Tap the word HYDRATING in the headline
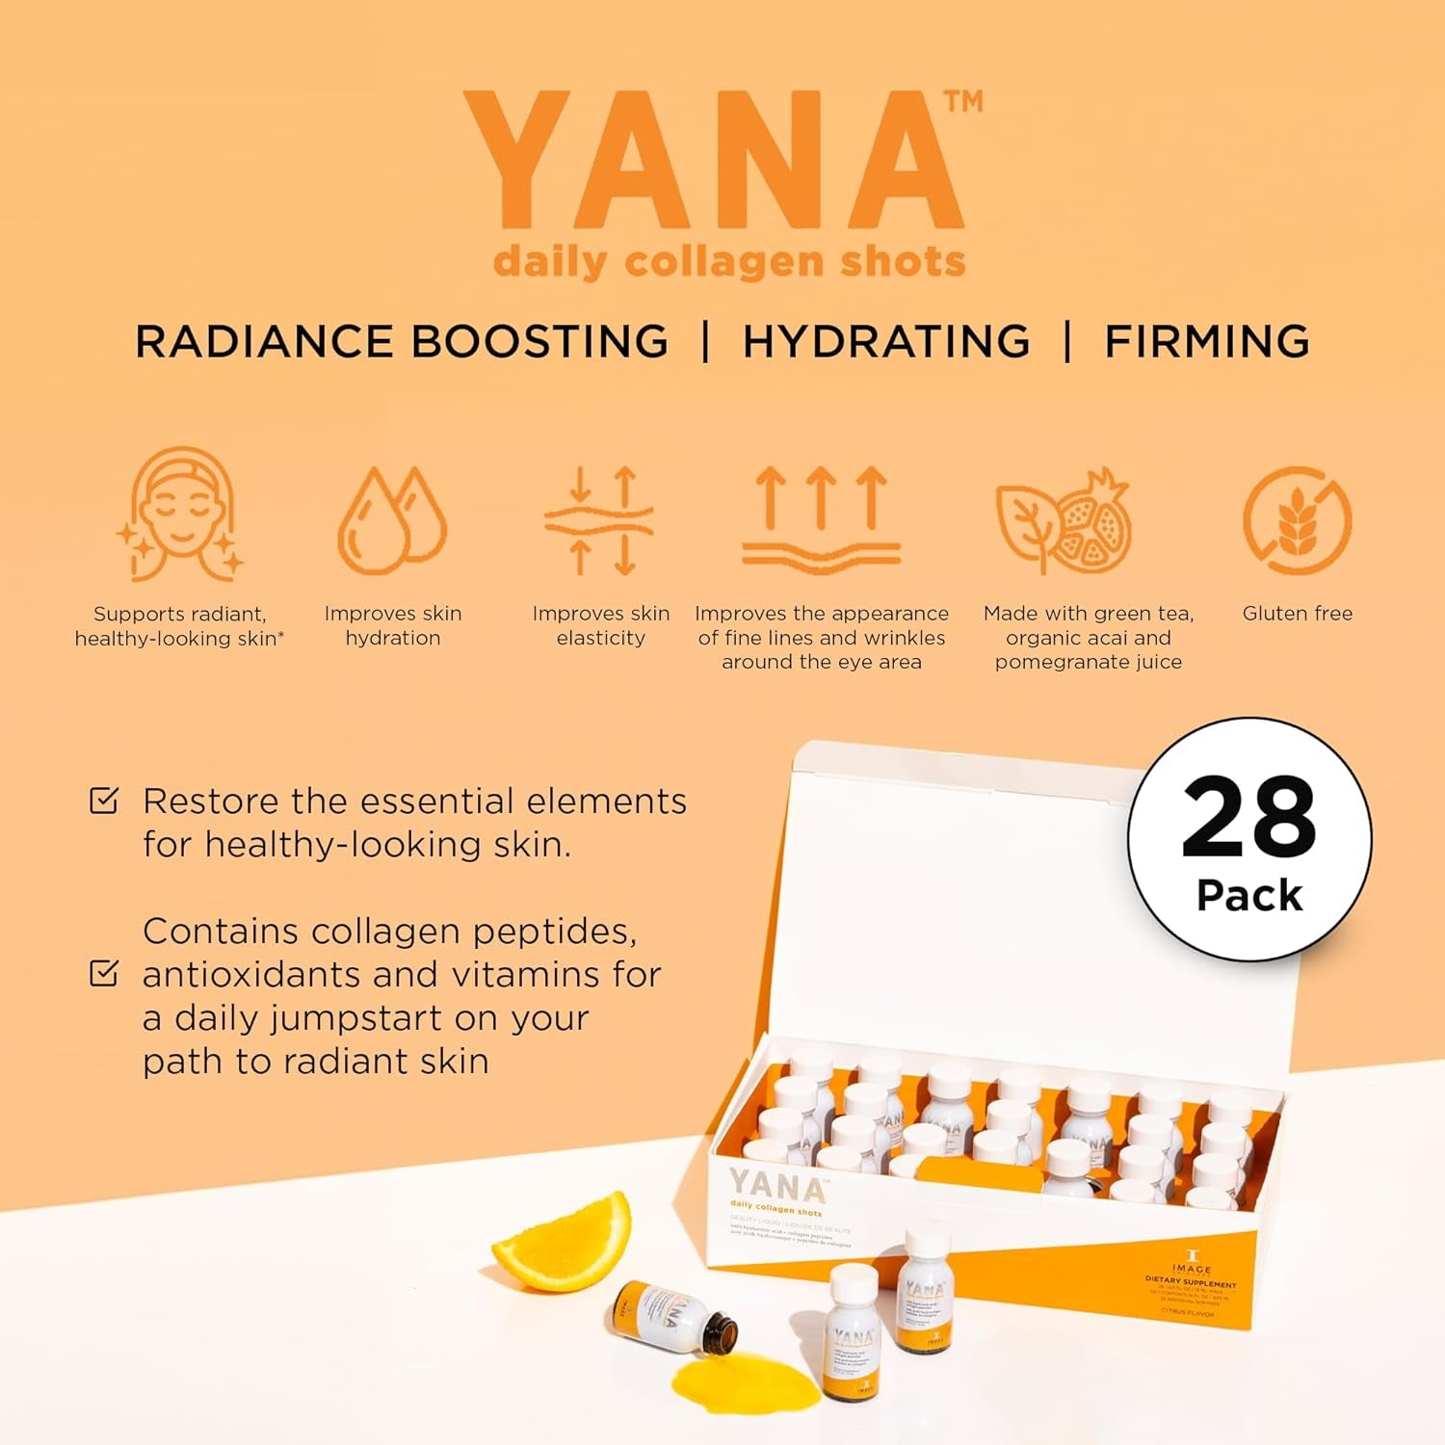point(886,342)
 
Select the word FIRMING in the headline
point(1206,342)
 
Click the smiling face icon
point(181,514)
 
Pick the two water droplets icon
point(392,520)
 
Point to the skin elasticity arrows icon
point(600,520)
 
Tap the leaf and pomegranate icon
point(1064,520)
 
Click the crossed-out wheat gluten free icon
point(1297,521)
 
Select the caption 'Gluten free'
point(1297,614)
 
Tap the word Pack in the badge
point(1249,896)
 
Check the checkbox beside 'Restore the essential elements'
point(104,801)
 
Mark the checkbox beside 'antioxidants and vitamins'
point(104,973)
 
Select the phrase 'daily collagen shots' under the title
point(729,262)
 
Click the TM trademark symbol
point(962,101)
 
